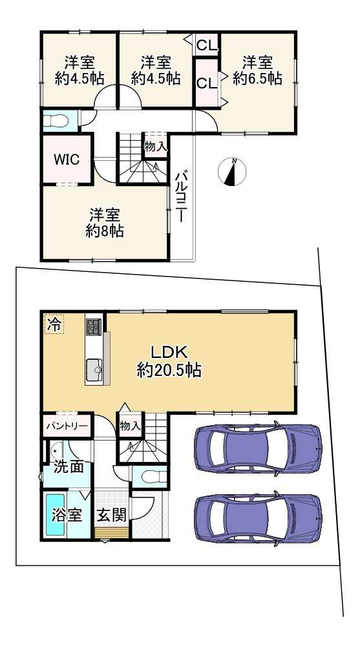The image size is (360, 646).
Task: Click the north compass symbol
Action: click(x=232, y=171)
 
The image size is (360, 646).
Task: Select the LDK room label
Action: click(x=169, y=351)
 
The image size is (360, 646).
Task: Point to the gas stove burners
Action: click(x=94, y=327)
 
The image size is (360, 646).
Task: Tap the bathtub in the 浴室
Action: click(x=56, y=515)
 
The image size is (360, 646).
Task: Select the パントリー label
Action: click(x=67, y=426)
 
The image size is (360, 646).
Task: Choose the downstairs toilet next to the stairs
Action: click(x=153, y=477)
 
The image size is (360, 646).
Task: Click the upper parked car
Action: click(x=258, y=448)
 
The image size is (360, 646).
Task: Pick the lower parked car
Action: click(x=258, y=518)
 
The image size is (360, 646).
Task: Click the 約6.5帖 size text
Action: click(x=257, y=78)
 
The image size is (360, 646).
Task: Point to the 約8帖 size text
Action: click(x=105, y=231)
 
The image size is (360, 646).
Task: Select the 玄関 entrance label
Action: click(x=112, y=515)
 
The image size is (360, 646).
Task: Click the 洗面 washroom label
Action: click(x=69, y=467)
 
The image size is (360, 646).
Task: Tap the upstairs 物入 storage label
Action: click(x=156, y=146)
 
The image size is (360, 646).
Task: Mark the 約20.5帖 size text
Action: click(x=169, y=370)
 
